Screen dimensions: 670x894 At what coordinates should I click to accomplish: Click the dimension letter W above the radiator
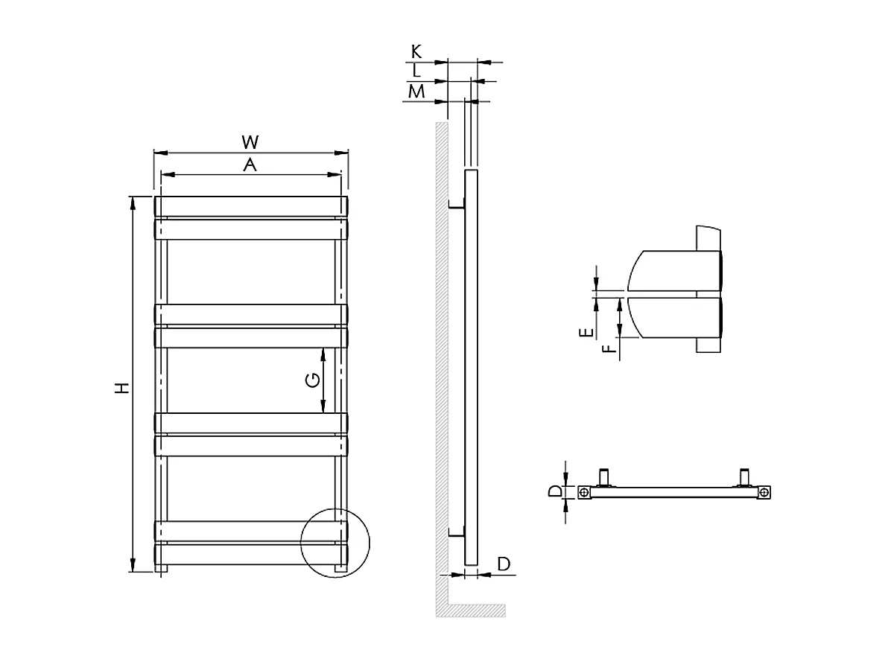point(250,141)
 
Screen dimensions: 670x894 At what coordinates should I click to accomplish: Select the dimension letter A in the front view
point(250,165)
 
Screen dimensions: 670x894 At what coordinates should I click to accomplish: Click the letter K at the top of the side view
point(416,51)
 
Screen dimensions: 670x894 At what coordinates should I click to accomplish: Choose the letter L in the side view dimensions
point(417,71)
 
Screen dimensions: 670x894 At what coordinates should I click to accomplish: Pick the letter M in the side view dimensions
point(416,92)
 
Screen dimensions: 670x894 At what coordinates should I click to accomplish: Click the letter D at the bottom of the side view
point(504,564)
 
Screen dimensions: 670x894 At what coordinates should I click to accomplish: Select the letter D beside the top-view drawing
point(555,491)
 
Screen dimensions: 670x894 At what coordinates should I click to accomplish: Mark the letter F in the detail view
point(611,348)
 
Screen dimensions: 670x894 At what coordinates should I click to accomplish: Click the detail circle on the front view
point(335,542)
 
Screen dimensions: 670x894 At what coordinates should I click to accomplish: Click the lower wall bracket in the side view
point(456,532)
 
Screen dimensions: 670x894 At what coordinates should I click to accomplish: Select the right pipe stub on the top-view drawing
point(744,477)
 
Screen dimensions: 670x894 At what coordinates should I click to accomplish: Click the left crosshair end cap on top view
point(586,492)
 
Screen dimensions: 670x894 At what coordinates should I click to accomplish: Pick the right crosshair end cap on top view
point(764,492)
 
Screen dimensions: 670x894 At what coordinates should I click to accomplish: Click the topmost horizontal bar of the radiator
point(250,206)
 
